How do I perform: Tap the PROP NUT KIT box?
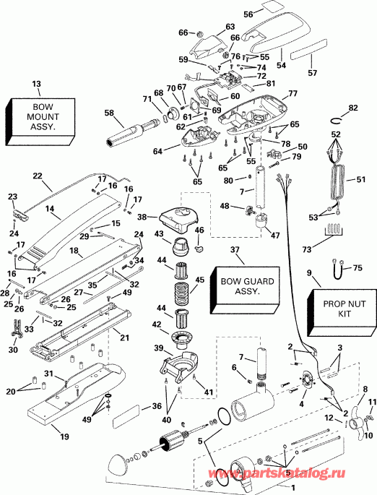pos(337,306)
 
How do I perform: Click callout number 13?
pos(36,84)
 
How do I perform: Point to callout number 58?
pos(109,113)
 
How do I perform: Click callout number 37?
pos(234,249)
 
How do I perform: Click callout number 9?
pos(310,273)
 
